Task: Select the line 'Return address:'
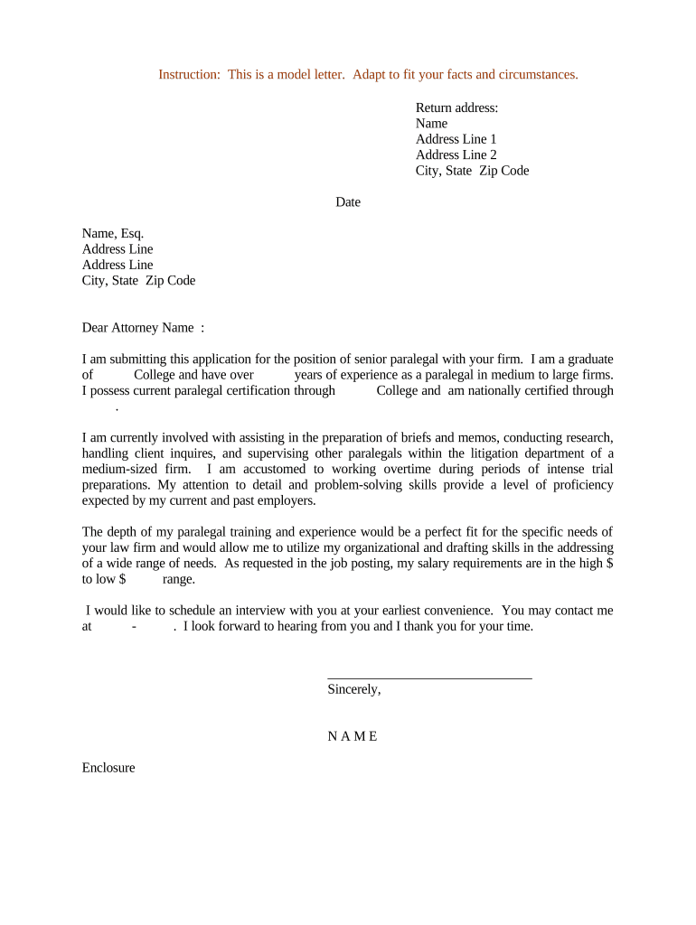[x=456, y=107]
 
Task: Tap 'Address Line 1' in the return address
[x=456, y=139]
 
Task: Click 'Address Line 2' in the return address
[x=456, y=154]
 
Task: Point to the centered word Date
[x=348, y=202]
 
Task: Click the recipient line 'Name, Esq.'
[x=113, y=233]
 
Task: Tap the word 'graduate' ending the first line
[x=588, y=359]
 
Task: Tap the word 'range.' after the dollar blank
[x=179, y=579]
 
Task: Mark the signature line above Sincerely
[x=429, y=677]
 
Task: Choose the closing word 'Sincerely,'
[x=354, y=689]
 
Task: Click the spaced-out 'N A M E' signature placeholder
[x=353, y=736]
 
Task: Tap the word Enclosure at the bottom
[x=108, y=768]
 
